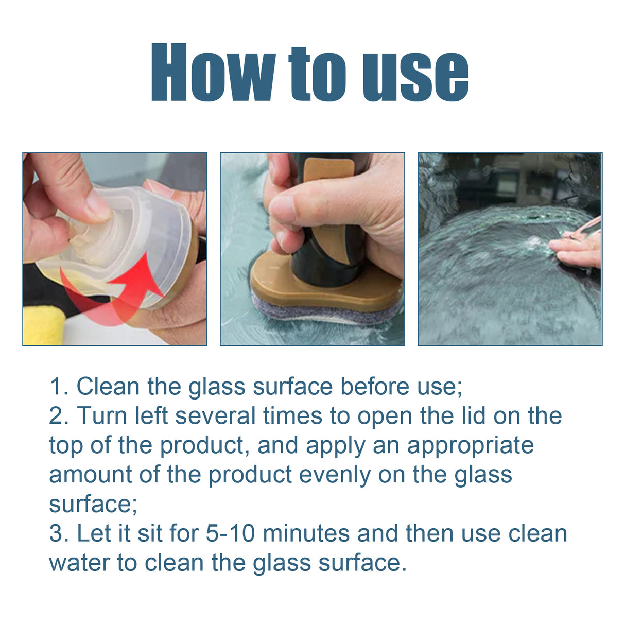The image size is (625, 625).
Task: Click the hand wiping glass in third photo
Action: point(577,248)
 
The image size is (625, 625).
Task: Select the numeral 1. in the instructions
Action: point(58,387)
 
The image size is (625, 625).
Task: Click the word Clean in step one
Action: point(108,387)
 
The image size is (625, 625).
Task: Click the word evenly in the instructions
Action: point(335,475)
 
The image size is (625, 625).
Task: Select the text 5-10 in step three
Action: point(230,533)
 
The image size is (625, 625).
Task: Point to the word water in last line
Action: point(79,563)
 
